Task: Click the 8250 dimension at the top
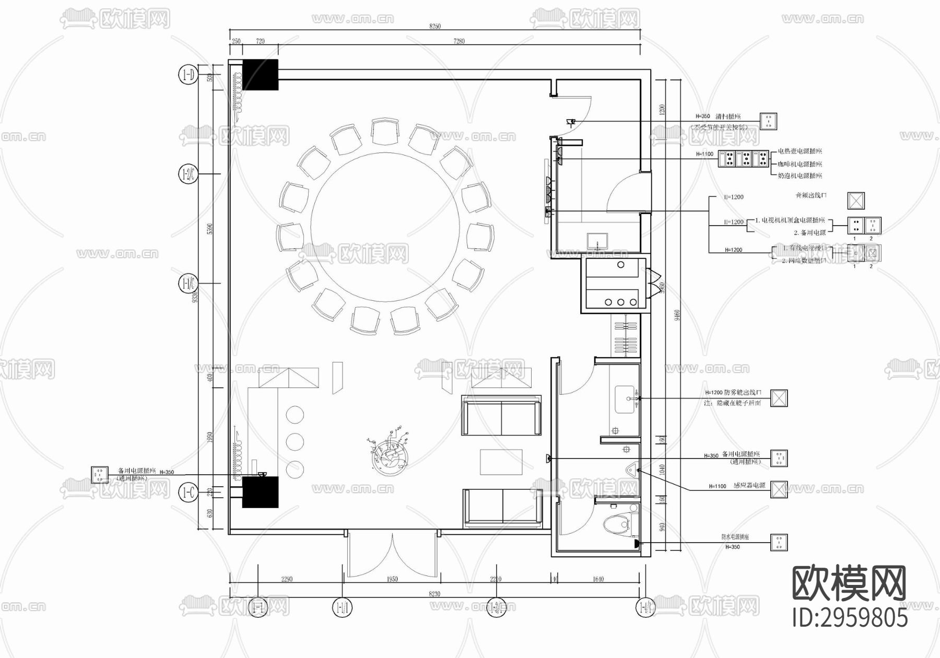(435, 26)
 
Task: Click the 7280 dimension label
(459, 41)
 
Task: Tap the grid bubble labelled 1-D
(187, 75)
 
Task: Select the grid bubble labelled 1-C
(187, 492)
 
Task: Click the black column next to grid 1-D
(260, 75)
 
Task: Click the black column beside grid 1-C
(260, 492)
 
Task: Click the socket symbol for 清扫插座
(768, 121)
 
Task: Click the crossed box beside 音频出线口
(855, 201)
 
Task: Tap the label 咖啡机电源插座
(800, 163)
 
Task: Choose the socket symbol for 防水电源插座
(779, 543)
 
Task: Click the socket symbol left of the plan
(99, 475)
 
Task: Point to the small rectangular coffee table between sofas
(501, 462)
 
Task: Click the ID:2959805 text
(850, 618)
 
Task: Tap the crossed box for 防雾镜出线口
(779, 398)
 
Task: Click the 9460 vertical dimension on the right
(676, 315)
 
